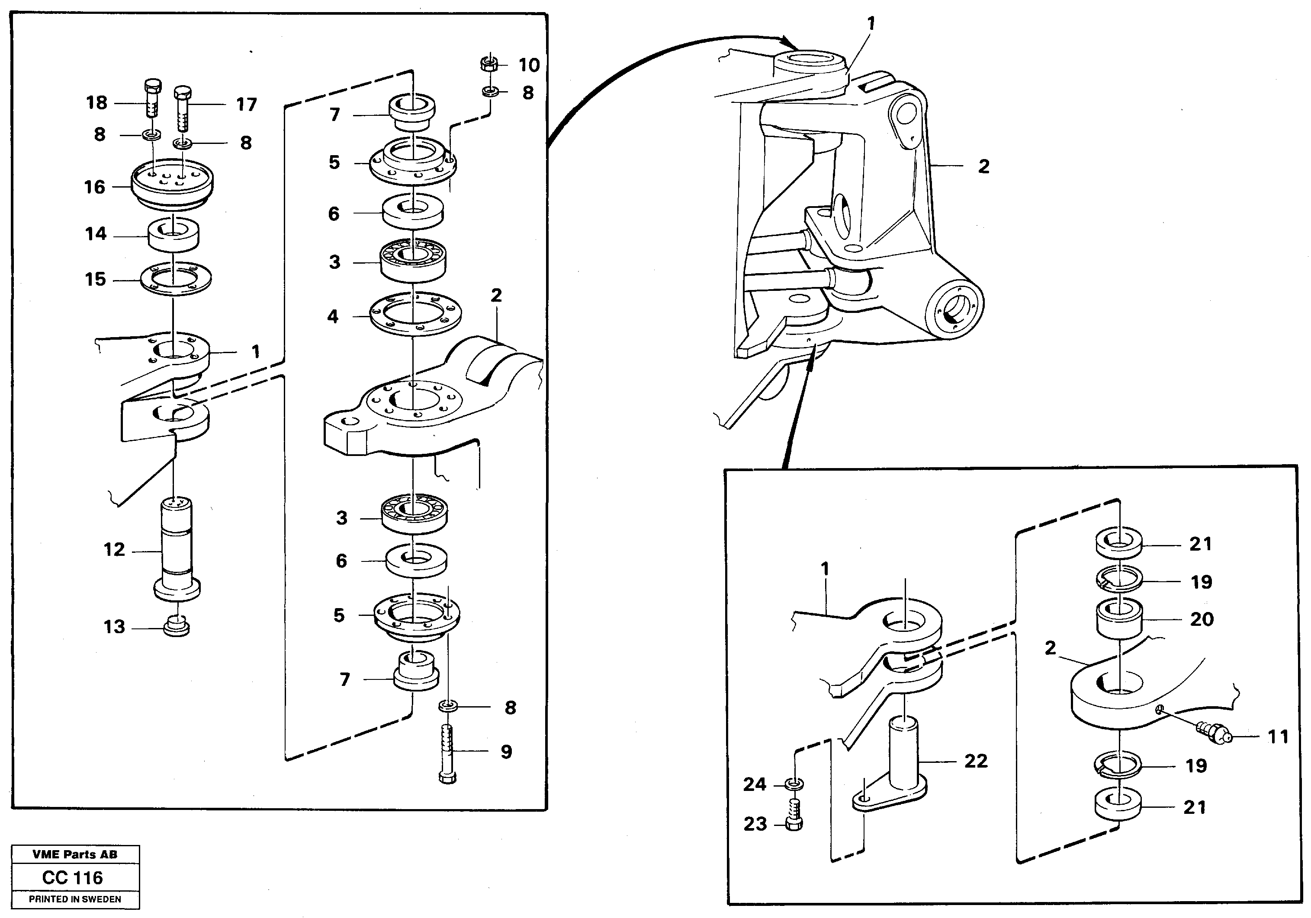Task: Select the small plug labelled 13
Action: pos(177,626)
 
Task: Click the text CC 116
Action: pos(73,877)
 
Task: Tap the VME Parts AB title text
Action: pos(75,854)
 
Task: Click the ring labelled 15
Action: pos(176,280)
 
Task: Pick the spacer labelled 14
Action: pos(174,233)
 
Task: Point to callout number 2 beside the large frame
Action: pos(983,166)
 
